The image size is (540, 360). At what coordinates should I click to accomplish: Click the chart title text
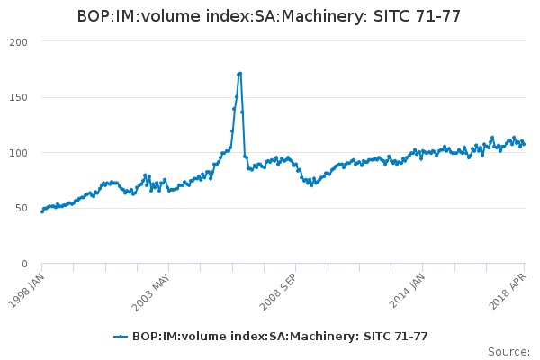[269, 16]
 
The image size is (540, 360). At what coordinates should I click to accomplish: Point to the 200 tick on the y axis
[18, 42]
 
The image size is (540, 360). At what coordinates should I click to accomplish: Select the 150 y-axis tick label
[18, 97]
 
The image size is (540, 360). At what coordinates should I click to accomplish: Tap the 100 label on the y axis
[18, 153]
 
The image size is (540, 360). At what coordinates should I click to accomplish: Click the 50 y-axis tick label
[21, 208]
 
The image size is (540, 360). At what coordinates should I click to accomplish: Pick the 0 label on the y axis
[24, 264]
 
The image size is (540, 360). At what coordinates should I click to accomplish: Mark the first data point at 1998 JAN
[42, 211]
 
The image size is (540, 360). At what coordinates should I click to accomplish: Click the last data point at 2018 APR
[524, 144]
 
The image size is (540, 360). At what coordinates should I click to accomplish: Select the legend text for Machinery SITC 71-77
[280, 337]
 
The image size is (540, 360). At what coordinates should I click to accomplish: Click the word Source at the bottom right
[508, 351]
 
